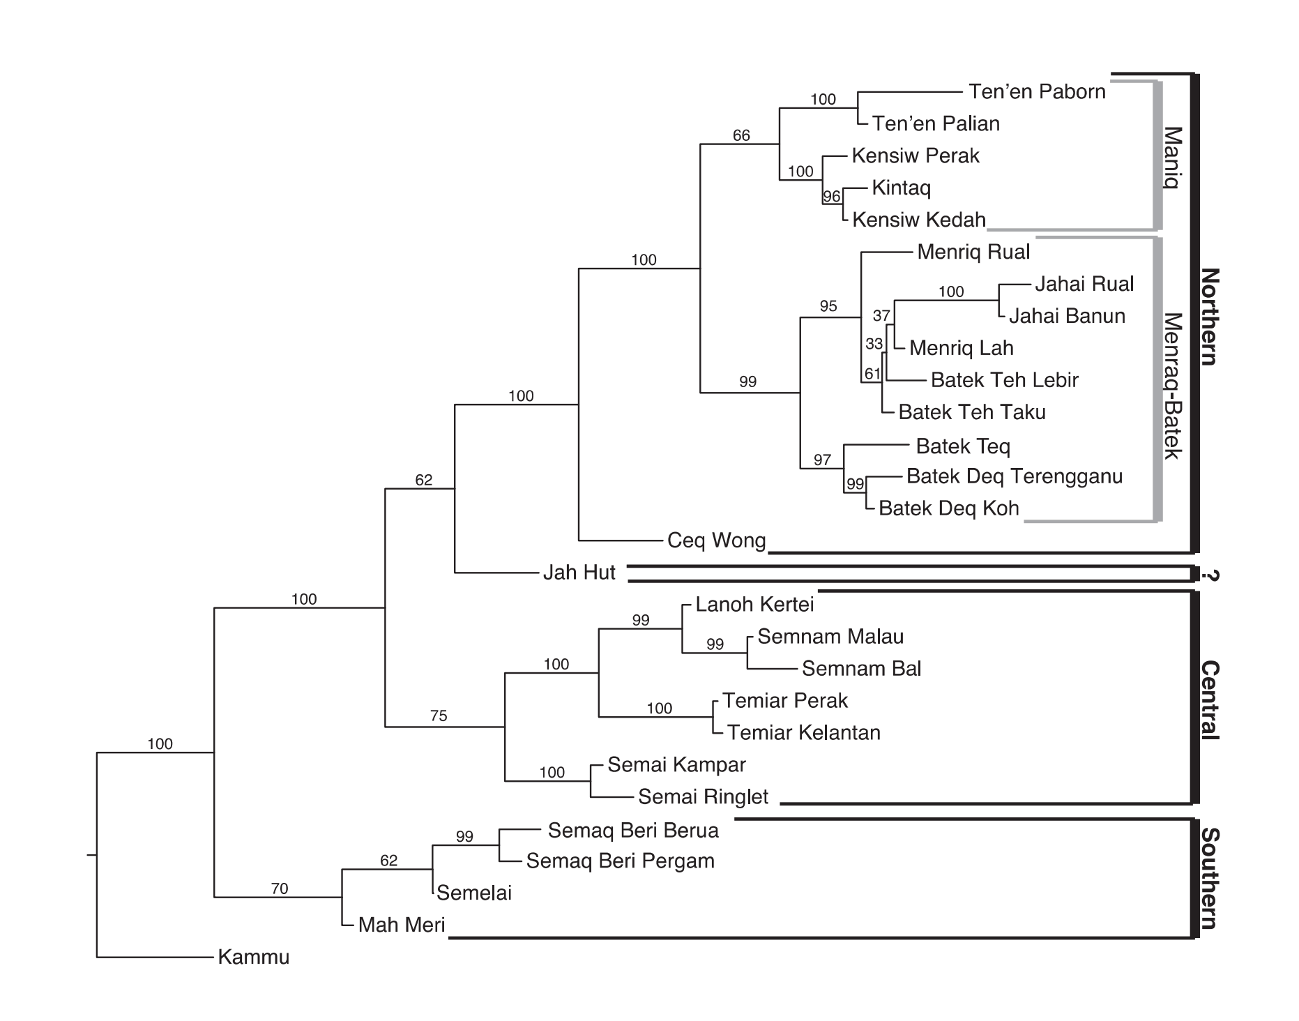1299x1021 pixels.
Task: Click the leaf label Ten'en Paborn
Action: click(1037, 92)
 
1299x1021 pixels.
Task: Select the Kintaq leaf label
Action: click(901, 188)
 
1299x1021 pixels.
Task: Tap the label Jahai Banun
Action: click(1067, 316)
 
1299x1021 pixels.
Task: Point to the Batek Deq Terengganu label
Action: click(1015, 476)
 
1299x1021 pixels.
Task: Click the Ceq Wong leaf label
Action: click(716, 540)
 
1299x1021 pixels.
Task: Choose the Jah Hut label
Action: click(579, 573)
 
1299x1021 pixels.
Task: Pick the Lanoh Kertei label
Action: click(754, 604)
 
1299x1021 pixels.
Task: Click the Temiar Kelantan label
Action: click(804, 732)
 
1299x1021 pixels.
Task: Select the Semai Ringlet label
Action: click(703, 796)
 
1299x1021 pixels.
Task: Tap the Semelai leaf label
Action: click(474, 893)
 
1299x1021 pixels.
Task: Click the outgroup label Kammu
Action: click(253, 957)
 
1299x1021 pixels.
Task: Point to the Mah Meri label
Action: click(401, 925)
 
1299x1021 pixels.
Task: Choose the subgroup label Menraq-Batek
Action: click(1173, 386)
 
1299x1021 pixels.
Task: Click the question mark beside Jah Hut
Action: click(1210, 575)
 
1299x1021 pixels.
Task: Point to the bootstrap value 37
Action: click(881, 316)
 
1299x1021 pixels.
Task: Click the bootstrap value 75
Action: click(439, 716)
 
